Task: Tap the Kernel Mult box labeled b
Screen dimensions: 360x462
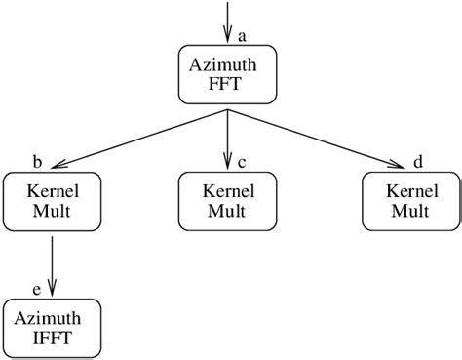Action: coord(51,201)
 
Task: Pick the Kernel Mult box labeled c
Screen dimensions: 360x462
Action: coord(227,201)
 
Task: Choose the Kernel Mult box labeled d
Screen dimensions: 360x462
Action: coord(411,201)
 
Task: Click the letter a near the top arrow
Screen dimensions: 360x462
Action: coord(242,35)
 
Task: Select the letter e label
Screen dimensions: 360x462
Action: coord(37,287)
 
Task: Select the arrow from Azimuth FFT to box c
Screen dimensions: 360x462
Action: coord(227,137)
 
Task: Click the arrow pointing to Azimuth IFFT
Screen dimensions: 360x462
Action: coord(52,262)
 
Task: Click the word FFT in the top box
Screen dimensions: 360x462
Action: coord(227,85)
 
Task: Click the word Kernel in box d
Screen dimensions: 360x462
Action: coord(411,191)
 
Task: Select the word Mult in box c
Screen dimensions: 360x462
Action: coord(227,211)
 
